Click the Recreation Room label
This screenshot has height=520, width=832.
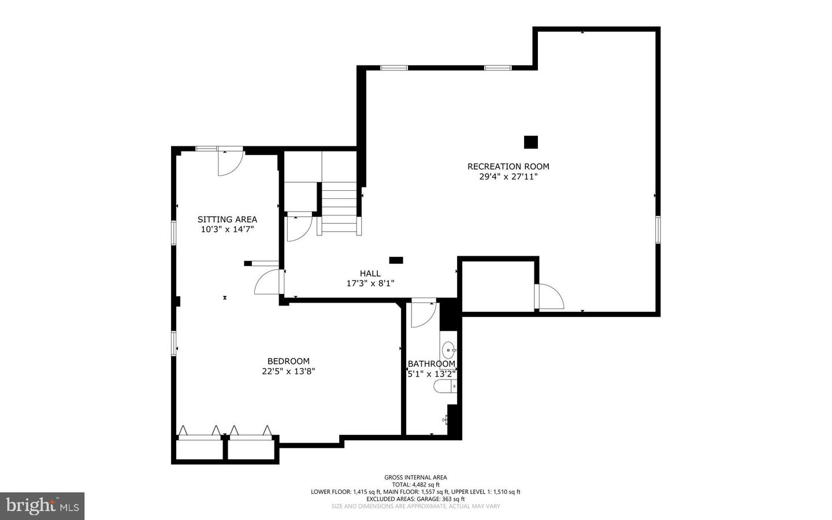(x=508, y=167)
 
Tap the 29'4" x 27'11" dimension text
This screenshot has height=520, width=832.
(x=508, y=177)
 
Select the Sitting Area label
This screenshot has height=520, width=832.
(x=227, y=219)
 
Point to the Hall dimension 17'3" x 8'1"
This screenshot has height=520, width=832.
(x=370, y=283)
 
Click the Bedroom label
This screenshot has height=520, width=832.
(x=288, y=361)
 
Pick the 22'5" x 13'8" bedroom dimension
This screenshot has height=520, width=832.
(x=288, y=371)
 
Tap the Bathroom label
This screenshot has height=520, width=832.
(x=431, y=364)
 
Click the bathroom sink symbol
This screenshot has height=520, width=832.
(x=449, y=349)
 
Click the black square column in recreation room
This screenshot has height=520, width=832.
(x=530, y=142)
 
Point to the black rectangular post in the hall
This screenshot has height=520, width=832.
(x=396, y=260)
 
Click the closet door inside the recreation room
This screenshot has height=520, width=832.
(x=550, y=296)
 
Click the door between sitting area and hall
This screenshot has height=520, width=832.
(x=268, y=282)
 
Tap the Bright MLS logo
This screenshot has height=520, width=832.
(x=42, y=506)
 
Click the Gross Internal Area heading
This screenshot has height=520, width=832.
(x=415, y=477)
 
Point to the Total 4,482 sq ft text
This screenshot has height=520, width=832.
(x=415, y=485)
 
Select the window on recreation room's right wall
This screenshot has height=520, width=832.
(x=658, y=230)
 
